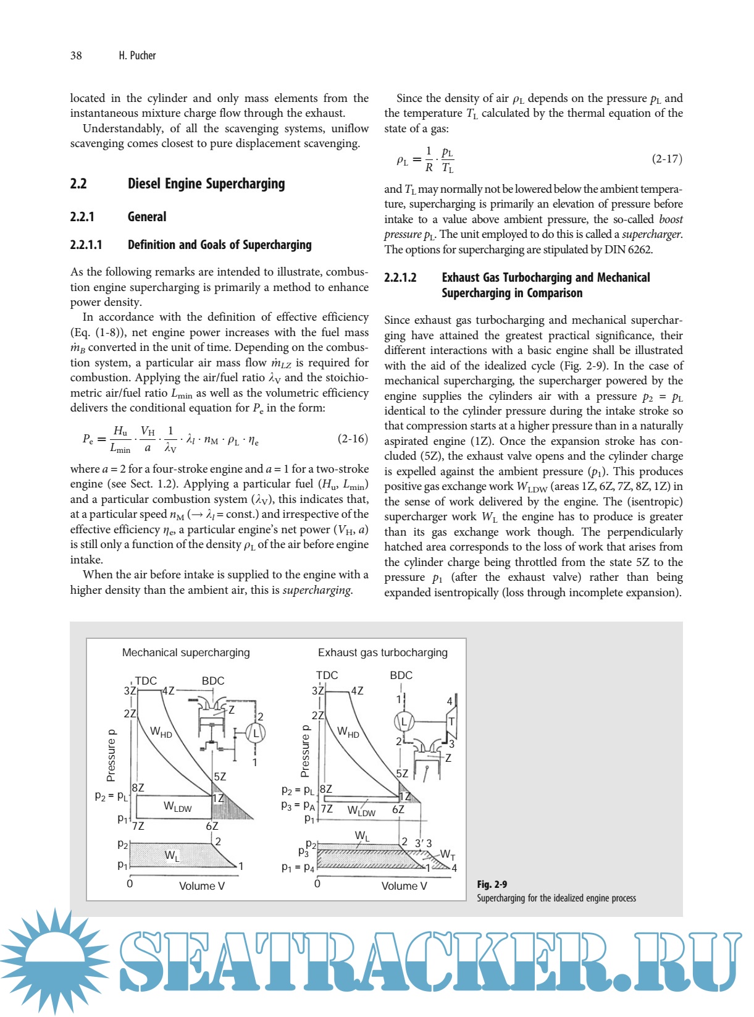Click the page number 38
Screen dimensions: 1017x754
pos(76,56)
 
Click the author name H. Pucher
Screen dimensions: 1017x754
pos(137,56)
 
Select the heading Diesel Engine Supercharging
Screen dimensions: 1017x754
pos(206,184)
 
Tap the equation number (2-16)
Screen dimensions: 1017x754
pos(352,439)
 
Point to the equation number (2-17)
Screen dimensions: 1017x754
pos(667,159)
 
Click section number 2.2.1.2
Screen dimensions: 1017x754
pos(400,277)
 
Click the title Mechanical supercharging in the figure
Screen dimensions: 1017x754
pos(186,652)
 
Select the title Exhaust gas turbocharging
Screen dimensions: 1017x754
pos(382,652)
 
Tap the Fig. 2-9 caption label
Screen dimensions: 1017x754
pos(492,884)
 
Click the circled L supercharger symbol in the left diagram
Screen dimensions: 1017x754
pos(255,733)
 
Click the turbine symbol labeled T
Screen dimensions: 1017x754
pos(451,721)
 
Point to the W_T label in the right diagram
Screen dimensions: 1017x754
pos(448,855)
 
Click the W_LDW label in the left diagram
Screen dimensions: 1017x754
pos(177,806)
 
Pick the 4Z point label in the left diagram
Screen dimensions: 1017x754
pos(168,691)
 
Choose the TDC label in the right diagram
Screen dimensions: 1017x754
pos(327,675)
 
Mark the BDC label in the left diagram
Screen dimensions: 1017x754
pos(213,681)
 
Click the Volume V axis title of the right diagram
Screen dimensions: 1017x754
pos(404,886)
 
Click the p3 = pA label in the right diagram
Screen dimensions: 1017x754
pos(298,806)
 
